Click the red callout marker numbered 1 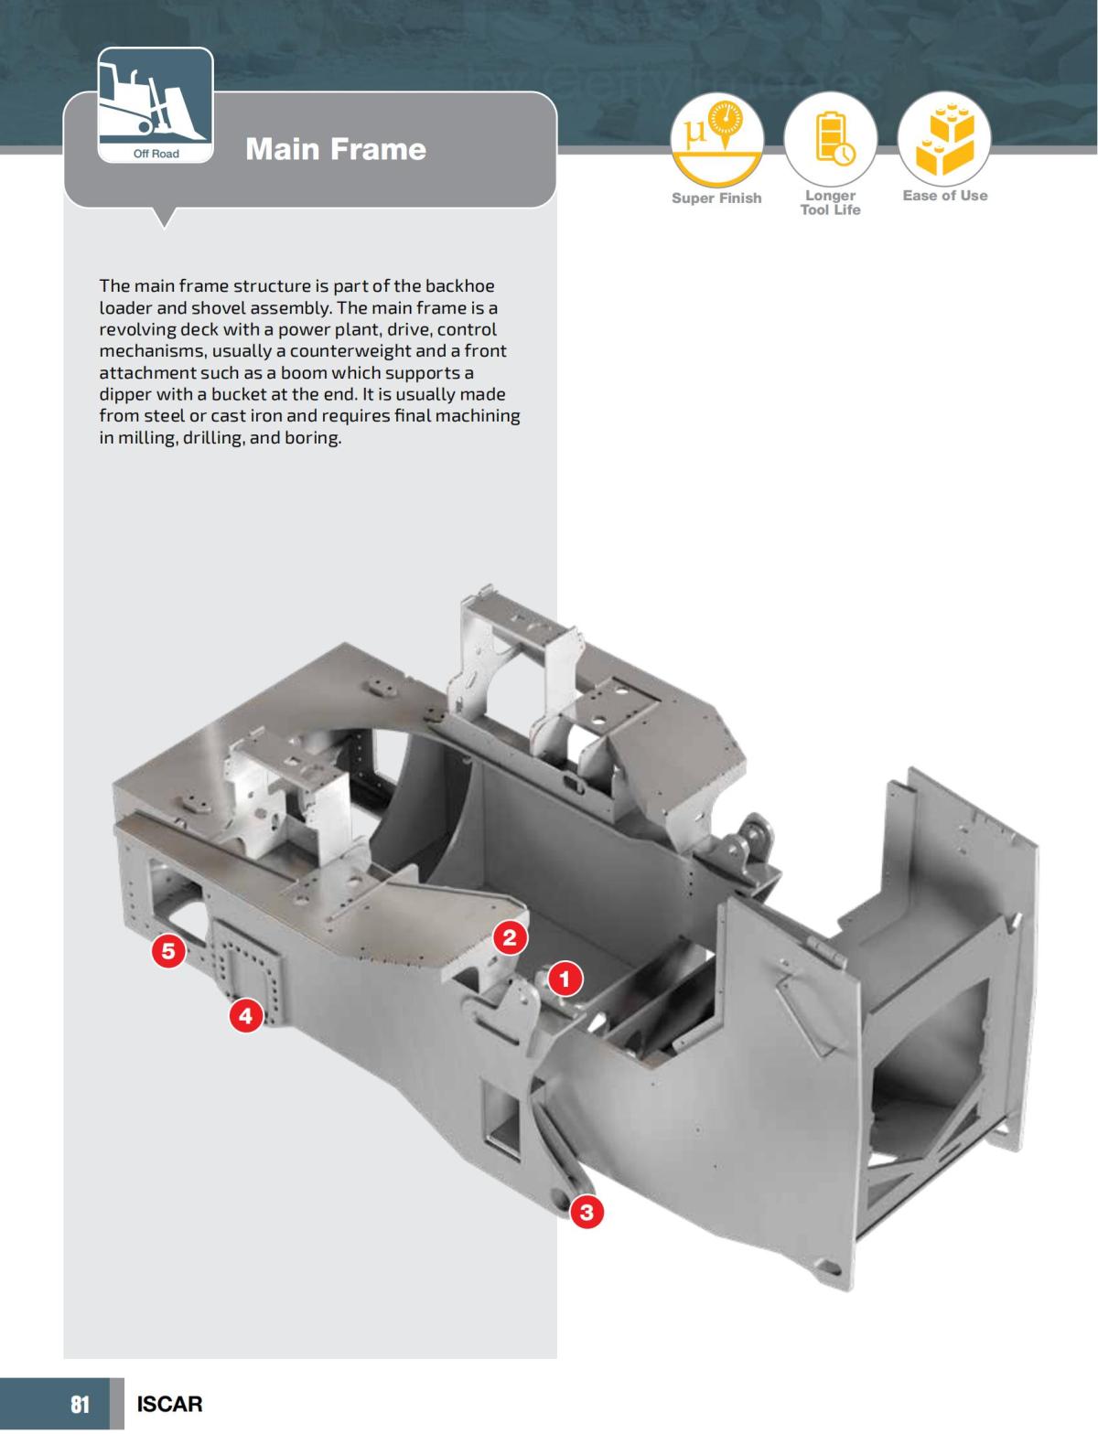coord(565,979)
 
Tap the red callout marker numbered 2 coord(510,936)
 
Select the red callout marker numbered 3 coord(587,1213)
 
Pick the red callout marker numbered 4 coord(245,1014)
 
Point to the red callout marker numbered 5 coord(168,951)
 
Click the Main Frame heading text coord(335,149)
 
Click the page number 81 coord(81,1404)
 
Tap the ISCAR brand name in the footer coord(169,1404)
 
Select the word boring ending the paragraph coord(312,438)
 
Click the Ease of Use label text coord(944,196)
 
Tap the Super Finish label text coord(716,198)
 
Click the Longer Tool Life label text coord(831,203)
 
